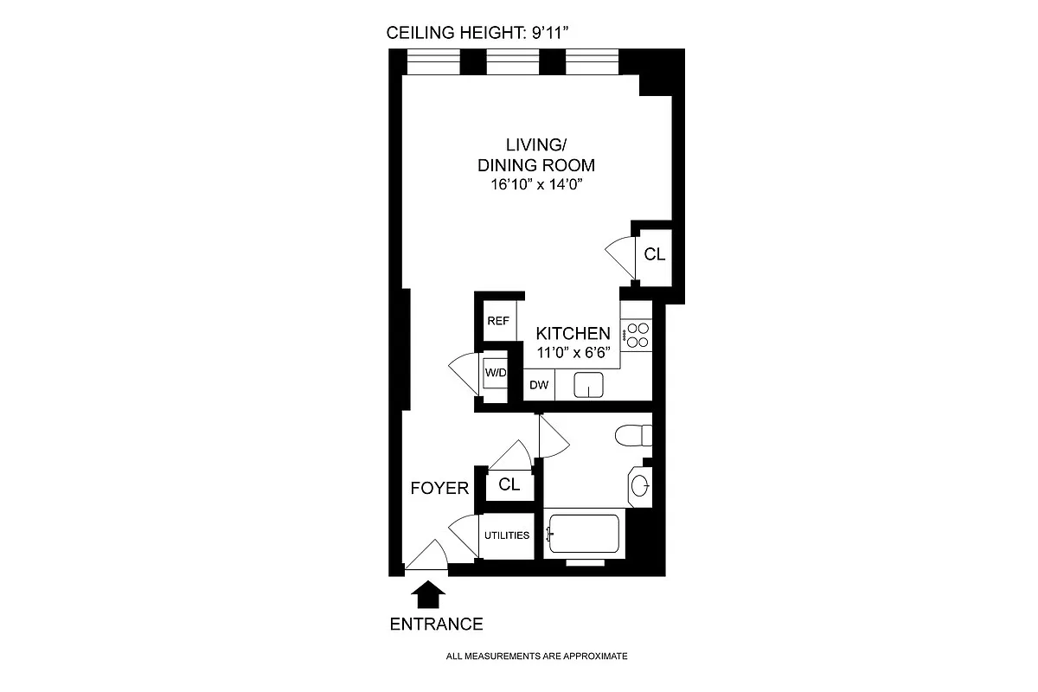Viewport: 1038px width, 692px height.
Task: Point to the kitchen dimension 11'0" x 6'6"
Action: pos(573,352)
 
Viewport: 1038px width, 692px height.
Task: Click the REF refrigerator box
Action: pos(497,320)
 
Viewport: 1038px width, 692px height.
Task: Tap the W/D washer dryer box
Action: pos(495,374)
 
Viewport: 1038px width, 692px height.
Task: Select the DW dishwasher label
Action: pos(539,385)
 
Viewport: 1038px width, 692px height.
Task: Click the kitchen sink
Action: pos(588,384)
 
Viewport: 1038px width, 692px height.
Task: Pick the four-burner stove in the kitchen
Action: pos(638,336)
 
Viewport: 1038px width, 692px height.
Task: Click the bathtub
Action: pos(585,533)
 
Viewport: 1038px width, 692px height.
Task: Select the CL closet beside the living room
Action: pos(655,254)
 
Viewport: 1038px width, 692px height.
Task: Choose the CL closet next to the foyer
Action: pos(509,485)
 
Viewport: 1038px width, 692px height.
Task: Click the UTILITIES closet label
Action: pos(506,535)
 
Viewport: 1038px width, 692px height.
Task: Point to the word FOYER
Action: pos(439,489)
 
